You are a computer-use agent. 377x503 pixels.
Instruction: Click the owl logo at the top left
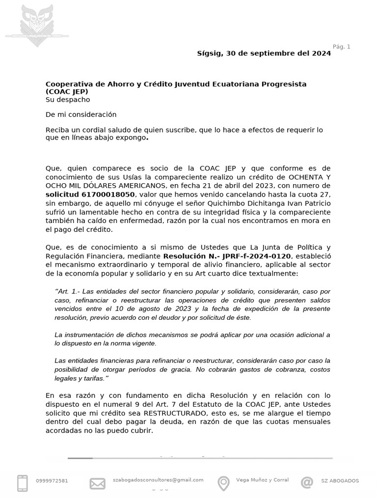pyautogui.click(x=37, y=25)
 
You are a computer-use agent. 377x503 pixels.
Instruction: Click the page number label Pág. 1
pyautogui.click(x=341, y=47)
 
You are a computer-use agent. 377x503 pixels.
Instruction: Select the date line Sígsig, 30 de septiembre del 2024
pyautogui.click(x=264, y=54)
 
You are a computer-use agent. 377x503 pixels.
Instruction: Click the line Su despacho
pyautogui.click(x=68, y=100)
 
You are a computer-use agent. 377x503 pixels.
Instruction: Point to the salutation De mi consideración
pyautogui.click(x=81, y=114)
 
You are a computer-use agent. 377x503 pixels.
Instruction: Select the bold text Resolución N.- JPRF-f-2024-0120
pyautogui.click(x=227, y=256)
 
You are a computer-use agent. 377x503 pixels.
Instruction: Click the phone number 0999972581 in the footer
pyautogui.click(x=52, y=481)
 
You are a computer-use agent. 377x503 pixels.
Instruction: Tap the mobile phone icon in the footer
pyautogui.click(x=23, y=483)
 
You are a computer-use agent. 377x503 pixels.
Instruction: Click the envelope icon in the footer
pyautogui.click(x=97, y=484)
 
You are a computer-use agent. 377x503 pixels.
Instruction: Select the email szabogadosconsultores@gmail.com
pyautogui.click(x=158, y=480)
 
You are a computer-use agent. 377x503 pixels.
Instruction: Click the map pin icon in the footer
pyautogui.click(x=223, y=483)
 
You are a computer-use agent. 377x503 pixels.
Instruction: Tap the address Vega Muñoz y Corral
pyautogui.click(x=262, y=480)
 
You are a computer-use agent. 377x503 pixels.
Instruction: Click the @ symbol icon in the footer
pyautogui.click(x=307, y=483)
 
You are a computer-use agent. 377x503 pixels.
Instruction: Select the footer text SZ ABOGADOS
pyautogui.click(x=340, y=481)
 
